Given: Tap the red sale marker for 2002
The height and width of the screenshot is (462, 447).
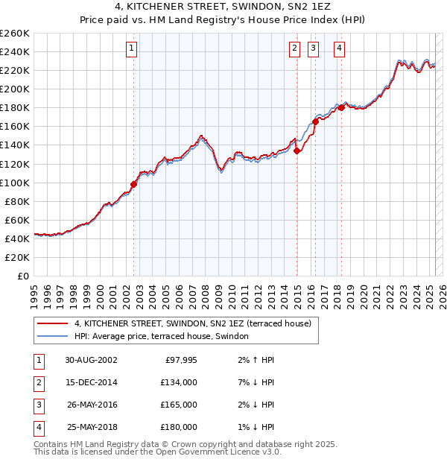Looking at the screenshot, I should point(134,184).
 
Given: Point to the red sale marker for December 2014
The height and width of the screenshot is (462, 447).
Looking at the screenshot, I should point(297,151).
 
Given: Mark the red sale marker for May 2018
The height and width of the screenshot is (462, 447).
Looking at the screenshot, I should point(341,107).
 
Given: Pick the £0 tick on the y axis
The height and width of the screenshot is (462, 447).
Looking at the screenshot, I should point(22,276).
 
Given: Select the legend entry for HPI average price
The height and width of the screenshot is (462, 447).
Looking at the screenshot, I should point(165,337).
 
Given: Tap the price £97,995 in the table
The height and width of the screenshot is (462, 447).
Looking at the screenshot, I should point(180,360).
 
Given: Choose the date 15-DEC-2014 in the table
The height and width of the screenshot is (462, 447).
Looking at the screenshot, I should point(91,382).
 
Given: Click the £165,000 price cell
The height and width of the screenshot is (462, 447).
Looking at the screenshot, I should point(180,405).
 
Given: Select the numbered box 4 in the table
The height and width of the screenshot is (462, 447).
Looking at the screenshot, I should point(38,427).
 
